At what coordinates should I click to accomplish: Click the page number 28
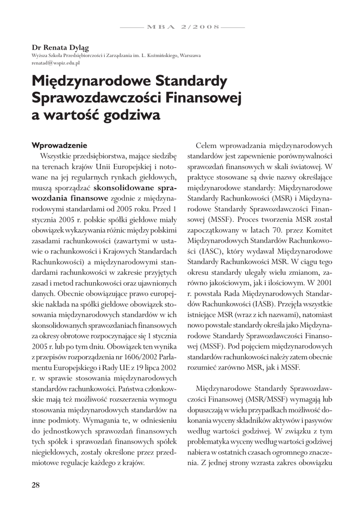pos(36,485)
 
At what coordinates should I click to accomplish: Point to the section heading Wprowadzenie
pos(59,145)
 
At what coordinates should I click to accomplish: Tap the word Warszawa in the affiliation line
pos(190,55)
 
